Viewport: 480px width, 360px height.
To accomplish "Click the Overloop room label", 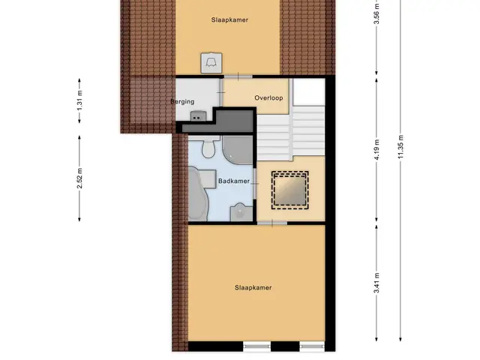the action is click(268, 98).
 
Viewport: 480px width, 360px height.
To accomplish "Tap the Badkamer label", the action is click(234, 181).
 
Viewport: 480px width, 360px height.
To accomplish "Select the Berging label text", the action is click(182, 102).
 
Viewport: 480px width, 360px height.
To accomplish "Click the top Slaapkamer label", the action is click(229, 20).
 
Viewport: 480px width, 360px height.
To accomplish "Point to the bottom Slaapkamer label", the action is click(253, 288).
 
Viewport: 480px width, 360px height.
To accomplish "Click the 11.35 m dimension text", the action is click(400, 147).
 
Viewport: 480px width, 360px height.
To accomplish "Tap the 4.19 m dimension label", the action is click(376, 149).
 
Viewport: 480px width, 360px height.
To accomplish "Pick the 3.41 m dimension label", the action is click(376, 283).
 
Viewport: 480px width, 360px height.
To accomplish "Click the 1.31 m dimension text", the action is click(79, 101).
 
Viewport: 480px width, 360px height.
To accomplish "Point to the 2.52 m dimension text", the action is click(79, 178).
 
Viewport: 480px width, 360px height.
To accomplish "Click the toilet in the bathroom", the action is click(209, 147).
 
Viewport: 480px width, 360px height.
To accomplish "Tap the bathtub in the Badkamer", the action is click(198, 193).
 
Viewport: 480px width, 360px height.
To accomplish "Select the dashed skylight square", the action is click(290, 190).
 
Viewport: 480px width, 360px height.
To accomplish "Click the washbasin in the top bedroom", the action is click(211, 63).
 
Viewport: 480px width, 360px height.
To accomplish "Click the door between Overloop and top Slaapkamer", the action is click(238, 76).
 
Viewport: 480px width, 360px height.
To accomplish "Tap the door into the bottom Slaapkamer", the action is click(272, 223).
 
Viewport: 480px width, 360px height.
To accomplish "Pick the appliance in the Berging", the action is click(198, 116).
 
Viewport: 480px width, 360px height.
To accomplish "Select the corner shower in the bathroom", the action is click(238, 150).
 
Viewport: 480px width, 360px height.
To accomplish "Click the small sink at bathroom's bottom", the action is click(241, 211).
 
